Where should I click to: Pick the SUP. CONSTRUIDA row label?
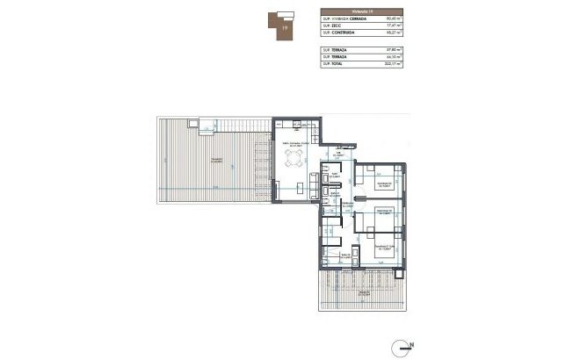[x=341, y=33]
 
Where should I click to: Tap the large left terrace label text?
[x=214, y=159]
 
